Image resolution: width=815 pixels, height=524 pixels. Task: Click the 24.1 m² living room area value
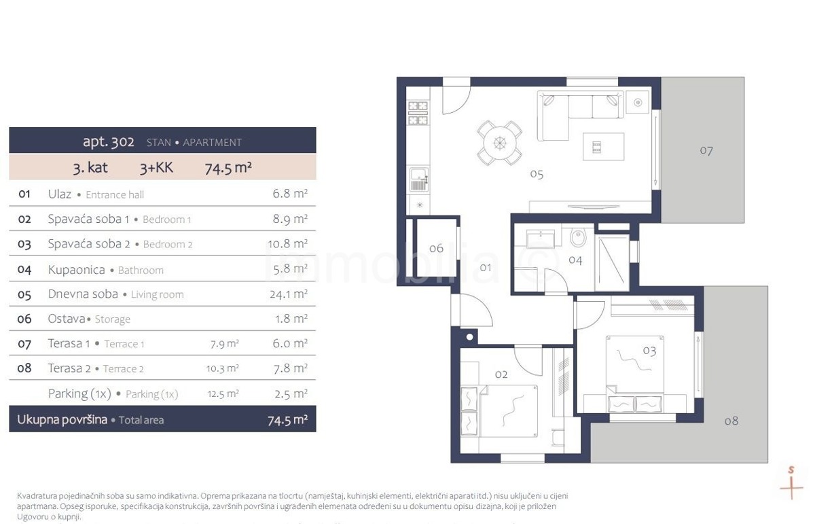tap(289, 294)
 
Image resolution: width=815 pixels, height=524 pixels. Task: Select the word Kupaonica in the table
tap(76, 270)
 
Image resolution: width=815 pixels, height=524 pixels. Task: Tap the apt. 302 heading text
tap(109, 141)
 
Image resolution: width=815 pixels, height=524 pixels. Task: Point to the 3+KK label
tap(156, 168)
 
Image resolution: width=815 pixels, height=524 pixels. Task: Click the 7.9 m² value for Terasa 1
tap(225, 344)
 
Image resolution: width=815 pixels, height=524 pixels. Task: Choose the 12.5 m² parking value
tap(223, 394)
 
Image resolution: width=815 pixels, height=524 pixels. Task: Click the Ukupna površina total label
tap(62, 419)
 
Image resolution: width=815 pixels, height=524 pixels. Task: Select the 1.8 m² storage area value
tap(291, 319)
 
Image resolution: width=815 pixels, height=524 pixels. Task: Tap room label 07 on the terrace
tap(706, 150)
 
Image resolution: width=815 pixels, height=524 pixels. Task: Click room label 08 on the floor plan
tap(731, 421)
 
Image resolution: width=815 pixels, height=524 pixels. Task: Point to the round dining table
tap(500, 143)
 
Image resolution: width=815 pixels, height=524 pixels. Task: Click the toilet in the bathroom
tap(577, 237)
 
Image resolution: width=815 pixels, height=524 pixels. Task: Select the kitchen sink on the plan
tap(419, 179)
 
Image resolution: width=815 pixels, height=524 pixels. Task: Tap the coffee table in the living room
tap(604, 146)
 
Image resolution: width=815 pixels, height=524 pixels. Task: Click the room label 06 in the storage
tap(436, 248)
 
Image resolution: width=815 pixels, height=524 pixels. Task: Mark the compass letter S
tap(791, 470)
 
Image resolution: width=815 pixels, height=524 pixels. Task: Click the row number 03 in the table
tap(24, 244)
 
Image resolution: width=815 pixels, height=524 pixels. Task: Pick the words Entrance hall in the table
tap(115, 195)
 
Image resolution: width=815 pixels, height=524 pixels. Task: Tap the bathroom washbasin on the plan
tap(541, 239)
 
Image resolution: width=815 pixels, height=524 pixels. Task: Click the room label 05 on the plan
tap(537, 175)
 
